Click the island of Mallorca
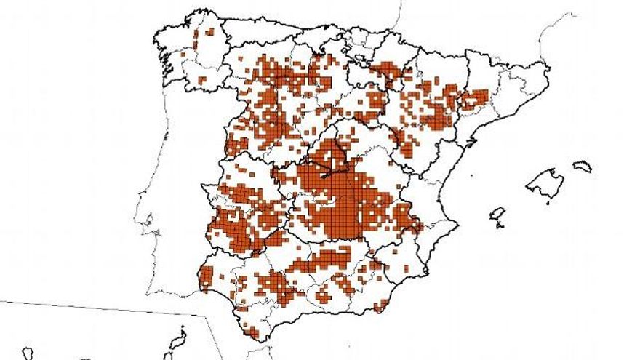click(545, 182)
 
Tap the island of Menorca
click(583, 167)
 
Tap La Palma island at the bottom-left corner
click(27, 353)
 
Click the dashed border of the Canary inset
click(109, 308)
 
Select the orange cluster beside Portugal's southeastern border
click(206, 279)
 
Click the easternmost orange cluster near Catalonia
click(476, 98)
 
